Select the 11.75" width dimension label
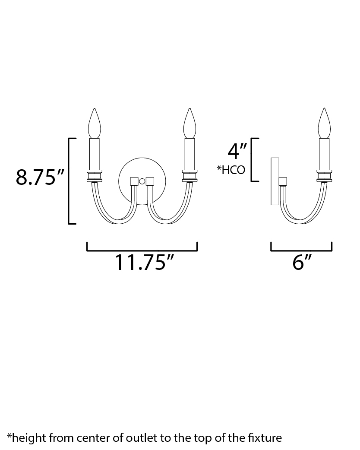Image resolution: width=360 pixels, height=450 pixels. point(145,262)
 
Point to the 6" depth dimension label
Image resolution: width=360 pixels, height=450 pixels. point(302,262)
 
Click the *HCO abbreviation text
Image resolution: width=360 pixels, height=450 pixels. point(231,170)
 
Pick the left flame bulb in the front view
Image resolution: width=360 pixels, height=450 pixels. point(95,123)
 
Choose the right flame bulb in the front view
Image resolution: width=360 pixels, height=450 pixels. point(189,123)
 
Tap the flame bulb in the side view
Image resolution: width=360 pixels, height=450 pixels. point(324,123)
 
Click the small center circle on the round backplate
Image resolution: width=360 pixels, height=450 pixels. point(142,181)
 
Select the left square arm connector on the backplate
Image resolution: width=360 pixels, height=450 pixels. point(134,181)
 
